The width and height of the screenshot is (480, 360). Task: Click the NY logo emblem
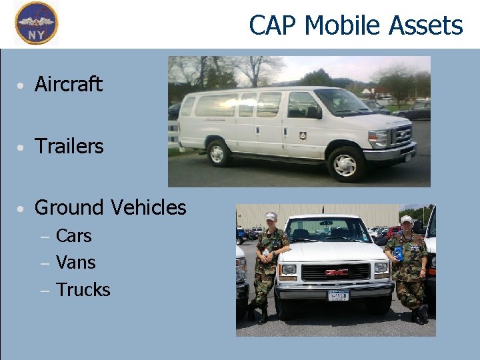36,23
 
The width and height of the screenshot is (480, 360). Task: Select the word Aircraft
68,85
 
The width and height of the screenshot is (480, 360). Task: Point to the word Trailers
69,146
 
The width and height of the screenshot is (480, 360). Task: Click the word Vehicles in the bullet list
149,207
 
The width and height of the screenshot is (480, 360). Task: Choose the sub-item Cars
73,236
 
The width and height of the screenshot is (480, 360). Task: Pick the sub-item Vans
75,263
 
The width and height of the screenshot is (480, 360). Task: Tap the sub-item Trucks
83,290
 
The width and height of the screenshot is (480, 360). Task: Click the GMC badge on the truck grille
336,272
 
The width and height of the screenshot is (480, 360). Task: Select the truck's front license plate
338,295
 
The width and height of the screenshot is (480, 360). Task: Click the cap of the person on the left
271,216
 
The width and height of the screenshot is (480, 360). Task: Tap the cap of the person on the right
406,219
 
